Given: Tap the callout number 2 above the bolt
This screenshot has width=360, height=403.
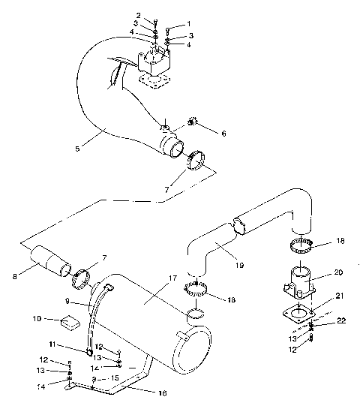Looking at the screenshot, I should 138,16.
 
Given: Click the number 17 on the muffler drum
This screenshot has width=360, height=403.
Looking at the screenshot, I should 173,278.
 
